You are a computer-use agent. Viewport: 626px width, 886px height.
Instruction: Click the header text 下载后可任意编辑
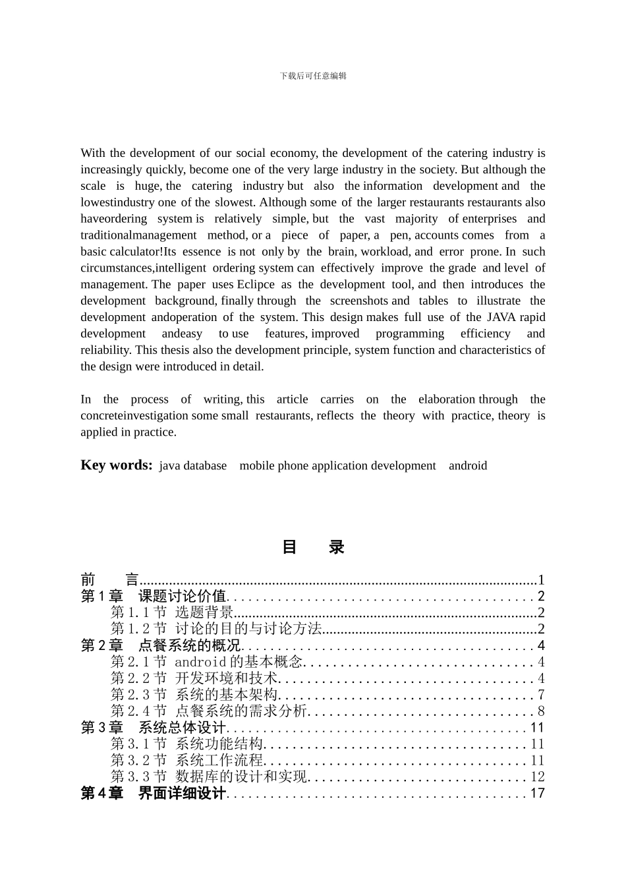313,76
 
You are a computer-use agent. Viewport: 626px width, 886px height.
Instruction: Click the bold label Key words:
116,465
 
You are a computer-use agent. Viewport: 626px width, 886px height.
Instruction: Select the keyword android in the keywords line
467,466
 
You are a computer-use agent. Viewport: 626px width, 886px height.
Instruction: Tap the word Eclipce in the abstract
256,285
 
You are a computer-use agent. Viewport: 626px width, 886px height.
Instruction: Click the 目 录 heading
313,547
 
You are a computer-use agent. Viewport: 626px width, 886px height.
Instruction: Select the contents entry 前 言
109,580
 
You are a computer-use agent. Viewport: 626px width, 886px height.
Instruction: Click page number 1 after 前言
541,580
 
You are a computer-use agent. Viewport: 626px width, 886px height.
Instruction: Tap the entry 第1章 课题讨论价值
153,597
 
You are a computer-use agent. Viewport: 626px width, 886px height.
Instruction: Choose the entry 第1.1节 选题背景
172,613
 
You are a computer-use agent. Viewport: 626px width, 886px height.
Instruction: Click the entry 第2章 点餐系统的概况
160,645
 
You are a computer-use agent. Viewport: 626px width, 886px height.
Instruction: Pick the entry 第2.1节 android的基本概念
206,662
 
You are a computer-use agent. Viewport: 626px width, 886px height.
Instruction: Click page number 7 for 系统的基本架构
541,695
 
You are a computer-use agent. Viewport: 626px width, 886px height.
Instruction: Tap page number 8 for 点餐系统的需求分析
541,711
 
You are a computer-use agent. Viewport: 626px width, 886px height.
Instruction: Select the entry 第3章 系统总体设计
153,728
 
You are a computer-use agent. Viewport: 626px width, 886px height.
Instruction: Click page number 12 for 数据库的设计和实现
538,777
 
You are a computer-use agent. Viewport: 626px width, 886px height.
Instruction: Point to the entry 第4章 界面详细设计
153,793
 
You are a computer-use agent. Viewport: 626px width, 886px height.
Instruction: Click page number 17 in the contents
538,793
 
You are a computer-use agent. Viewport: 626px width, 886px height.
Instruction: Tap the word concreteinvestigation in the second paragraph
134,416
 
